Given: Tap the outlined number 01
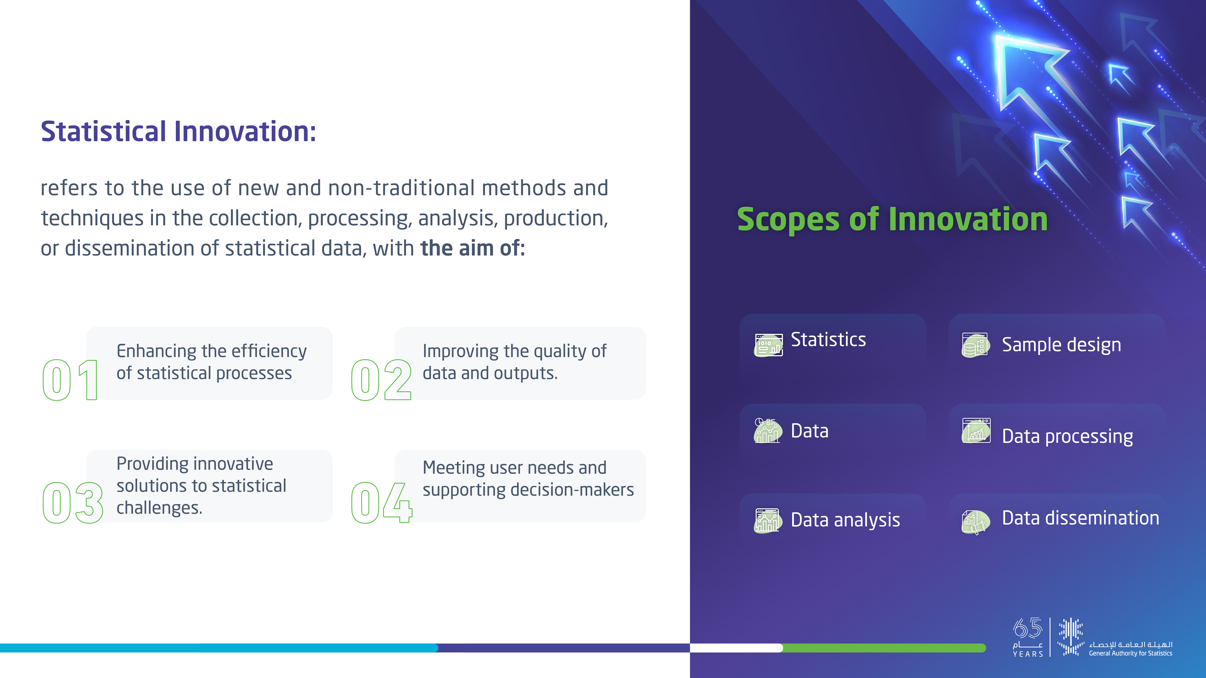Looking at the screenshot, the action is tap(70, 380).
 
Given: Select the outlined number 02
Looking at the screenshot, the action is tap(381, 380).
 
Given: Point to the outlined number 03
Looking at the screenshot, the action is tap(73, 503).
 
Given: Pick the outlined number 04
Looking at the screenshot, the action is tap(382, 503).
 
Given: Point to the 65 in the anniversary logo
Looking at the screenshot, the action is tap(1028, 628).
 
